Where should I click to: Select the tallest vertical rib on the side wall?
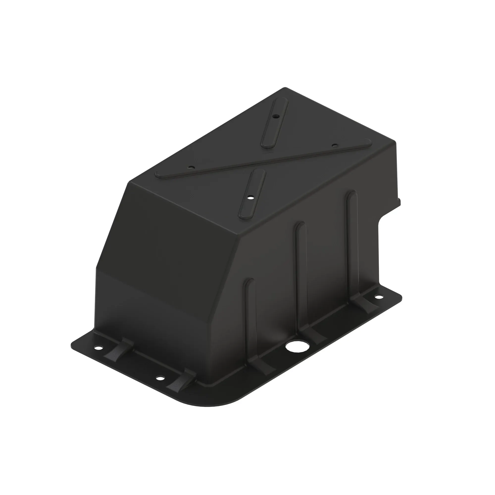pyautogui.click(x=352, y=246)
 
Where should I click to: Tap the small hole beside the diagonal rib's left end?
pyautogui.click(x=190, y=167)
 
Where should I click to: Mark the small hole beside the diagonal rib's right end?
pyautogui.click(x=334, y=145)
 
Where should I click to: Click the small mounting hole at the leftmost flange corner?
pyautogui.click(x=98, y=348)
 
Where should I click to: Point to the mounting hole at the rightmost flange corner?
pyautogui.click(x=378, y=297)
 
